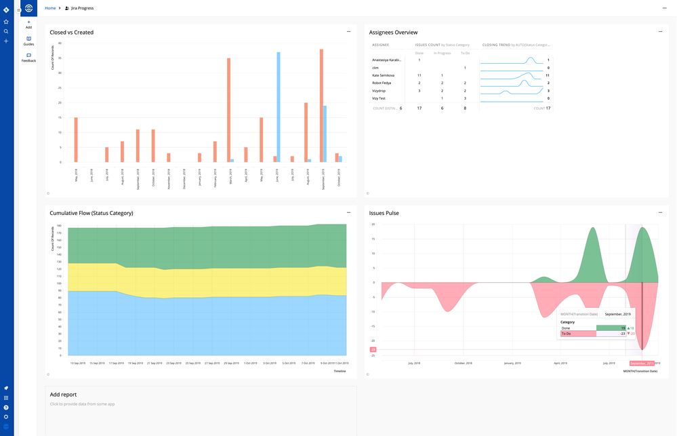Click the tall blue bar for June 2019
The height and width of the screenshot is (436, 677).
[279, 107]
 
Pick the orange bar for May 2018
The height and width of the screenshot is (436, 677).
[76, 140]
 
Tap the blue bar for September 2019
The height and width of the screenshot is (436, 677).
[325, 134]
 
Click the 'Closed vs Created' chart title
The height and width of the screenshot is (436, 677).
[72, 32]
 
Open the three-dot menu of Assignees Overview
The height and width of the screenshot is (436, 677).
[660, 31]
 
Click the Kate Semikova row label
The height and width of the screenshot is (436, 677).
[384, 75]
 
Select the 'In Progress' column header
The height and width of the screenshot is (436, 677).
[442, 53]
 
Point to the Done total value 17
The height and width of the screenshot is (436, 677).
[419, 108]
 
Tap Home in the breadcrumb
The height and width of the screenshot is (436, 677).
[50, 7]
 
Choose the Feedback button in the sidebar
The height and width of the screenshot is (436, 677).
[28, 58]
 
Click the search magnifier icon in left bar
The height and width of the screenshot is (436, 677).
[6, 31]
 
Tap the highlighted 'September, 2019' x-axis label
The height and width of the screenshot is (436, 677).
[644, 363]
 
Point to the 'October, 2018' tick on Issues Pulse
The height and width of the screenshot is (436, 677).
[464, 363]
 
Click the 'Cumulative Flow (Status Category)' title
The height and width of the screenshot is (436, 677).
[91, 213]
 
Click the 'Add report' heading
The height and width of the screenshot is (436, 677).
[63, 394]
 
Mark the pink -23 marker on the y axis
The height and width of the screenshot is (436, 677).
[372, 350]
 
